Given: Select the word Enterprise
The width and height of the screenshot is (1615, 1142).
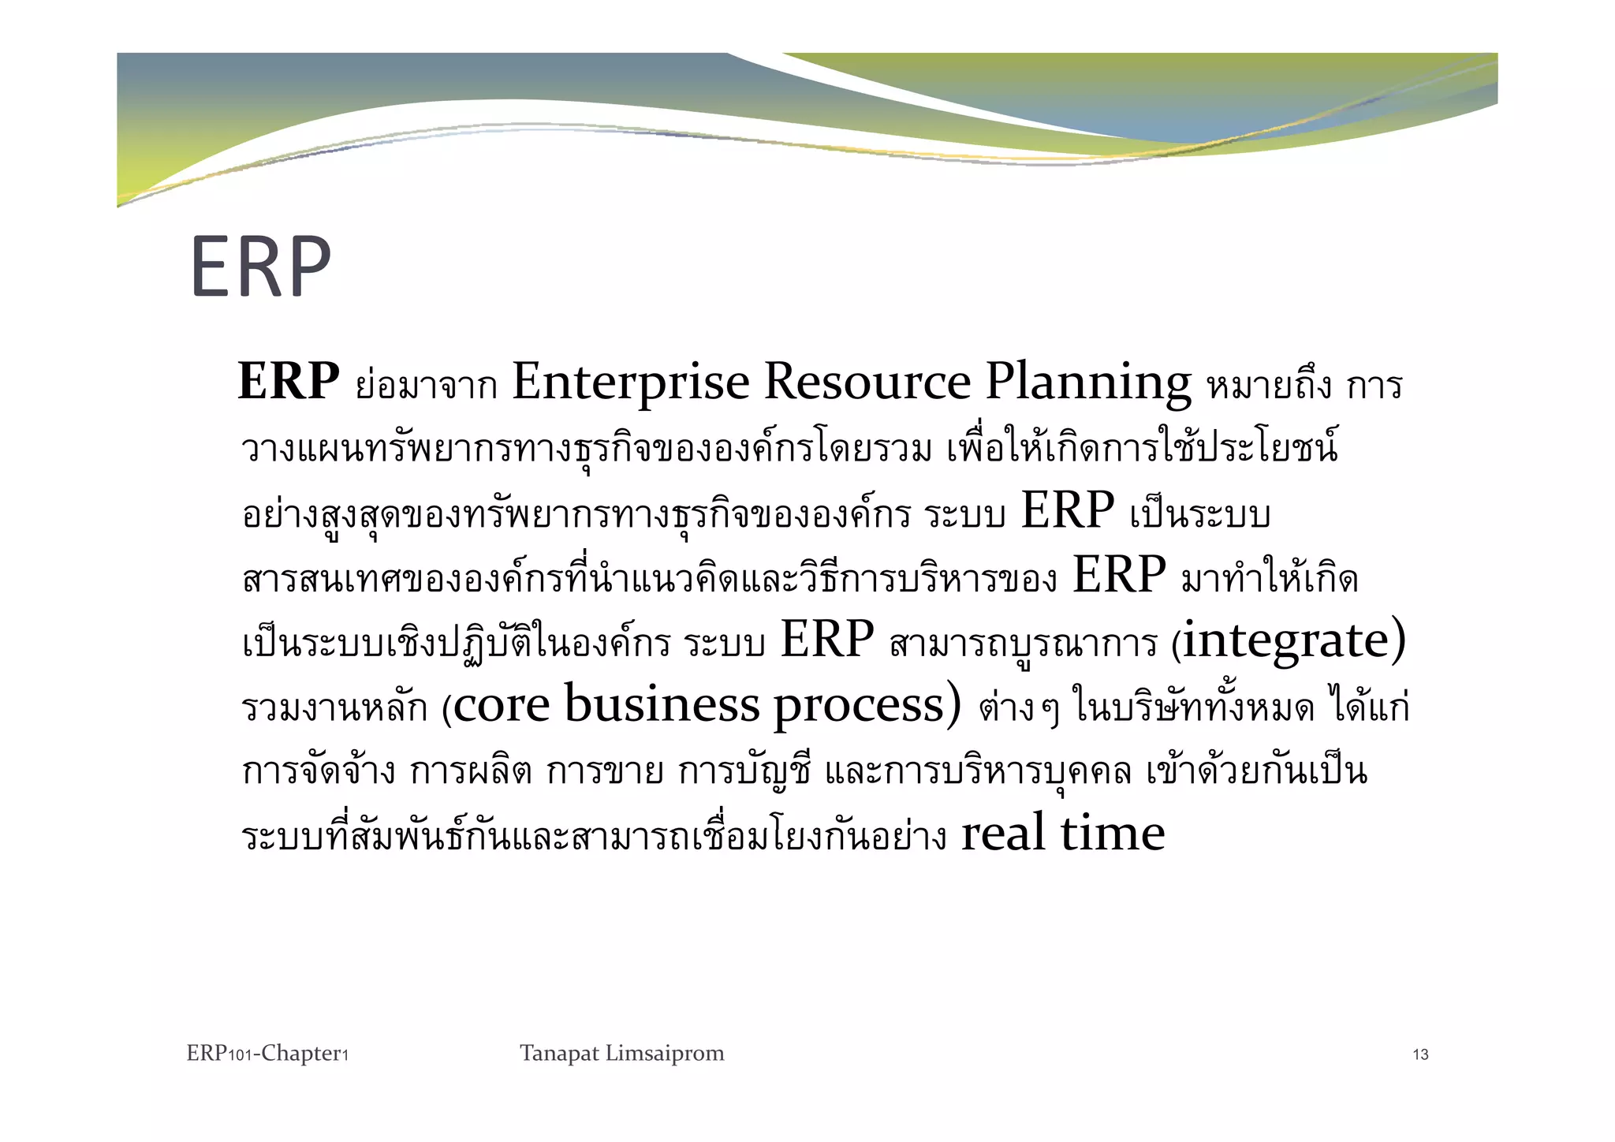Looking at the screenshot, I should pos(630,383).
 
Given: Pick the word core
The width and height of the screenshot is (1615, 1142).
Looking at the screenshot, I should pos(502,705).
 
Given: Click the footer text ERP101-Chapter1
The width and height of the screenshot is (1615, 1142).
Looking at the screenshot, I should pos(267,1054).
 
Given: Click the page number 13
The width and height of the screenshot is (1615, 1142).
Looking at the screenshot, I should pos(1420,1055).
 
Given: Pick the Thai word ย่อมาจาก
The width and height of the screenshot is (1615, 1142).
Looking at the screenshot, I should pos(426,385).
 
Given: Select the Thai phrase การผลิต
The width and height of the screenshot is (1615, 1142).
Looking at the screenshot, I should pos(470,772).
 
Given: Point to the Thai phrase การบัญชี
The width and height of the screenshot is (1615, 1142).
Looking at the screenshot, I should pos(744,772).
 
